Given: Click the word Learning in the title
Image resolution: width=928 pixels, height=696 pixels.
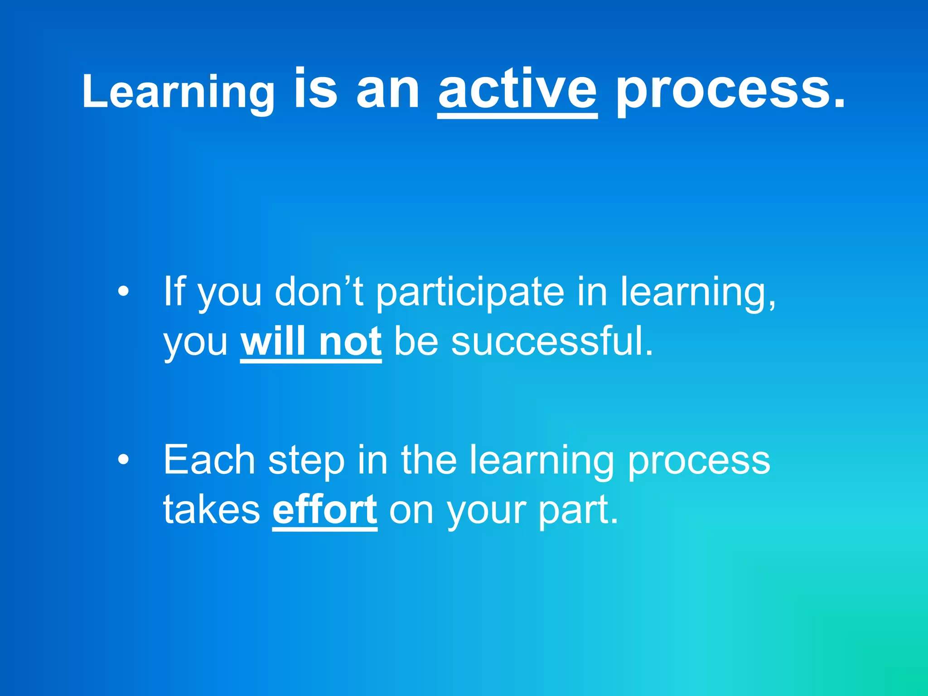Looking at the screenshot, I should (x=178, y=92).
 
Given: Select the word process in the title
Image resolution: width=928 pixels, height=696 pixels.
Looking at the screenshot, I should (x=730, y=91).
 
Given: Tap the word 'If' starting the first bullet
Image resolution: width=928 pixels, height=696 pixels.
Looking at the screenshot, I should (x=174, y=291).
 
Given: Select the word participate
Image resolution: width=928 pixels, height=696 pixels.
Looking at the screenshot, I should (x=470, y=293).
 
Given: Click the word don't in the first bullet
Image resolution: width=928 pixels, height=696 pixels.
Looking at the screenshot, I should (x=319, y=291).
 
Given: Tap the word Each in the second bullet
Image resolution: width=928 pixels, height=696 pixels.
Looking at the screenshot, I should (x=209, y=460).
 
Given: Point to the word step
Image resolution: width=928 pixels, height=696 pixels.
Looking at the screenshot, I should (x=306, y=461).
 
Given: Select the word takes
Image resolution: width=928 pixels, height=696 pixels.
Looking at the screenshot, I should (x=212, y=510).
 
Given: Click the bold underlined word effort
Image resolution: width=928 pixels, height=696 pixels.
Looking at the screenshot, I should (x=324, y=510).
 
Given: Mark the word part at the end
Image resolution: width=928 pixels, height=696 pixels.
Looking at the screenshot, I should (x=577, y=511).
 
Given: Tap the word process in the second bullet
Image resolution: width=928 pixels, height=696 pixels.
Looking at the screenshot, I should (x=699, y=461).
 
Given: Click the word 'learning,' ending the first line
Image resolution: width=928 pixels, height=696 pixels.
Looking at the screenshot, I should (x=698, y=293).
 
